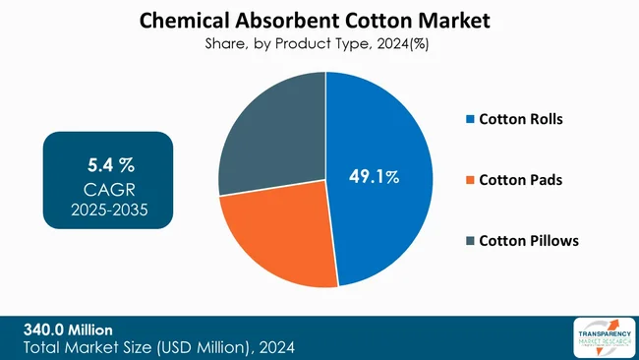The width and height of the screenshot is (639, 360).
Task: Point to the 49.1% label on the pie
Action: point(375,177)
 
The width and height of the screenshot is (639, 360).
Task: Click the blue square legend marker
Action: point(470,120)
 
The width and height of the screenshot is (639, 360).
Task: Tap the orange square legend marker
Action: point(470,180)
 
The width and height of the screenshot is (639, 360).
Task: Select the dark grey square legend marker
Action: point(470,240)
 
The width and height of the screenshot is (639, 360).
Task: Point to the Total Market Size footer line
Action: point(157,347)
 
